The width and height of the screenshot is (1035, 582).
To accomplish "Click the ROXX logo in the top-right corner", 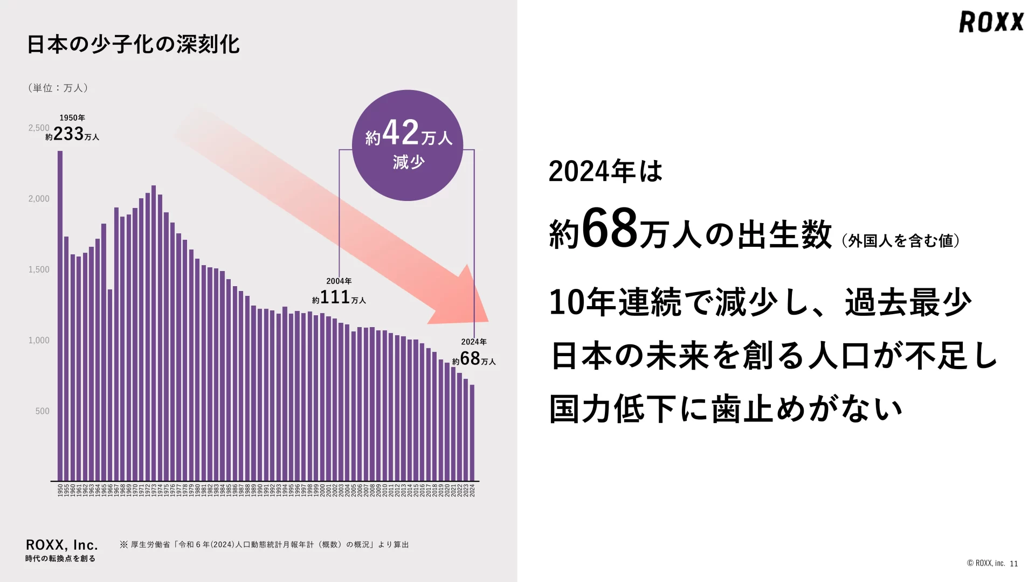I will pyautogui.click(x=991, y=22).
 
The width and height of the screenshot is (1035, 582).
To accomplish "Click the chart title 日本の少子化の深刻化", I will pyautogui.click(x=133, y=44).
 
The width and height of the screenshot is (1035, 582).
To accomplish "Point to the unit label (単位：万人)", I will pyautogui.click(x=58, y=88).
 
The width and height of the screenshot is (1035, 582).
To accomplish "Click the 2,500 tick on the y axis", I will pyautogui.click(x=39, y=128).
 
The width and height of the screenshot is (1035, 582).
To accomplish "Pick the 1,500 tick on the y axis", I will pyautogui.click(x=39, y=269).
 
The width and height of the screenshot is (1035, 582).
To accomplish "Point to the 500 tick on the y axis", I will pyautogui.click(x=42, y=411).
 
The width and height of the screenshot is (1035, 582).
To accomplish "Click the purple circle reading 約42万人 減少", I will pyautogui.click(x=408, y=145).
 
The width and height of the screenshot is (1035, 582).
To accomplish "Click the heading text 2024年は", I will pyautogui.click(x=605, y=171).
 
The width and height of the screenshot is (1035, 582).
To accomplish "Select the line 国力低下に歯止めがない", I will pyautogui.click(x=726, y=409).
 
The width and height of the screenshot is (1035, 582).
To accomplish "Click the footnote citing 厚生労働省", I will pyautogui.click(x=264, y=545).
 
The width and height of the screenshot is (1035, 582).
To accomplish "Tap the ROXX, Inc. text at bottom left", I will pyautogui.click(x=62, y=545).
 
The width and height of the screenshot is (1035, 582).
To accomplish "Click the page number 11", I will pyautogui.click(x=1013, y=564).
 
